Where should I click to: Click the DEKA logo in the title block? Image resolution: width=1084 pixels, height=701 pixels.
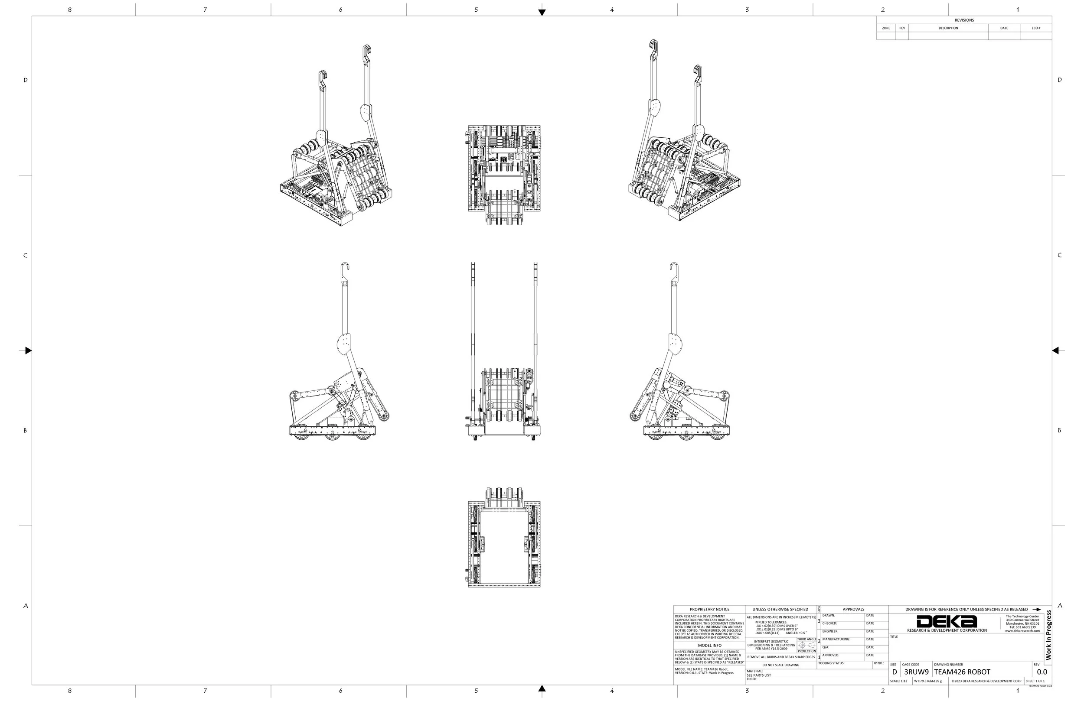point(947,621)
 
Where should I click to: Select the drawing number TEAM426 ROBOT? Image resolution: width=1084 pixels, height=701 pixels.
point(962,672)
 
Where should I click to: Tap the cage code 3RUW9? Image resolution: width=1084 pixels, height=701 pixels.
point(916,672)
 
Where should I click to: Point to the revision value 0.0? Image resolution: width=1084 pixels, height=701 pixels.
point(1042,672)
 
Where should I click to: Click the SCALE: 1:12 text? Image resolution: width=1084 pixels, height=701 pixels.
point(898,681)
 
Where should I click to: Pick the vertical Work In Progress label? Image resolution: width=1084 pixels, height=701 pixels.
point(1048,635)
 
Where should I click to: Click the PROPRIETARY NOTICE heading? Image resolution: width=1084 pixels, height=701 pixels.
point(709,609)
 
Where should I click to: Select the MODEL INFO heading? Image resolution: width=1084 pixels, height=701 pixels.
point(710,645)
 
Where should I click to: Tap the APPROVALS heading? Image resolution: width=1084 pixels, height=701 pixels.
point(853,609)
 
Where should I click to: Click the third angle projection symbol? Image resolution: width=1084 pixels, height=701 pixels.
point(806,645)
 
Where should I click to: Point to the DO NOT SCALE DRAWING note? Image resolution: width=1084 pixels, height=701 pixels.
point(780,665)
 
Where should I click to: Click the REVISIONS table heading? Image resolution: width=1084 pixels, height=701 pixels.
point(964,20)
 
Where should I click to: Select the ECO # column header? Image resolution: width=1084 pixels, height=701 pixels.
point(1036,28)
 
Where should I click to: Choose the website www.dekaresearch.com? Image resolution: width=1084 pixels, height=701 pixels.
point(1022,631)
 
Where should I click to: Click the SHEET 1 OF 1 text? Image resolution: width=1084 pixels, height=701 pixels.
point(1035,681)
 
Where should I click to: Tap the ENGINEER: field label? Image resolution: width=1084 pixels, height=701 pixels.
point(830,631)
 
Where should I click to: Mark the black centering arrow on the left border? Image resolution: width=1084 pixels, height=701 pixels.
point(28,350)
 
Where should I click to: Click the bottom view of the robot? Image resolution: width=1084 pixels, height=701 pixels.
point(504,538)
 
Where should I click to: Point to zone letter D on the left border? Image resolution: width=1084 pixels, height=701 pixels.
point(26,80)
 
